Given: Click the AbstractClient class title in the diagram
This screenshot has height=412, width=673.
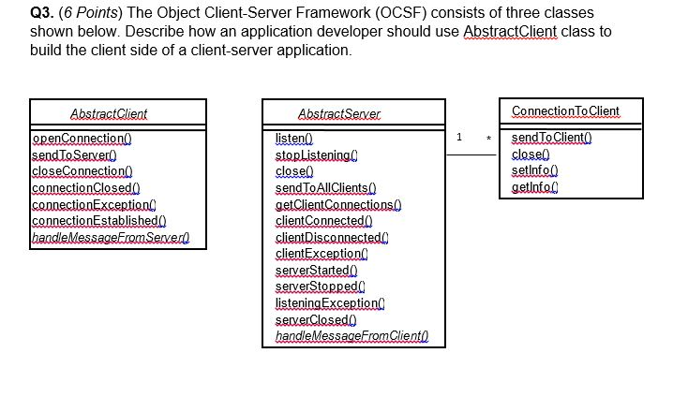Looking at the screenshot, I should point(109,113).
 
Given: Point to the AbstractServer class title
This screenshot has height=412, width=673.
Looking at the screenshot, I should point(339,113).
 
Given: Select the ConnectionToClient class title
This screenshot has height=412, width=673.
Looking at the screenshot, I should point(565,110).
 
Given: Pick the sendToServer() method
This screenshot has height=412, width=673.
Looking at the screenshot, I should point(73,154).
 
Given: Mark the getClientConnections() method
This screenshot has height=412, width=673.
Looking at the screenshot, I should point(337,204).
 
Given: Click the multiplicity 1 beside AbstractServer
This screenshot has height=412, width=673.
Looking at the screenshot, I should point(458,138).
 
